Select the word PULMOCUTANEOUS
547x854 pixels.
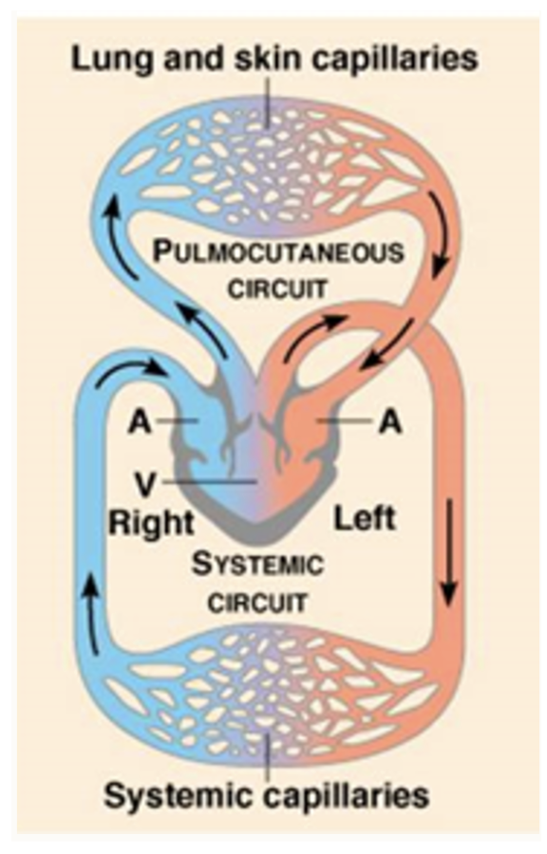(x=279, y=252)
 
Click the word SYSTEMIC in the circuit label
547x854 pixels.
(x=257, y=565)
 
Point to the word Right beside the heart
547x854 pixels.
(x=151, y=524)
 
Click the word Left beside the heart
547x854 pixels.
(x=365, y=517)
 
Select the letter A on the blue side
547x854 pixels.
(x=140, y=421)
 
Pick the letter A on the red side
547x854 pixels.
(x=390, y=421)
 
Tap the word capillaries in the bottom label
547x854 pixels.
(x=347, y=797)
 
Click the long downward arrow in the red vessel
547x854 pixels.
(x=449, y=553)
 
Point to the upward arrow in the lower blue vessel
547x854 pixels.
(x=93, y=615)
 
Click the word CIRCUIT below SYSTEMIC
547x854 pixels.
(x=258, y=603)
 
